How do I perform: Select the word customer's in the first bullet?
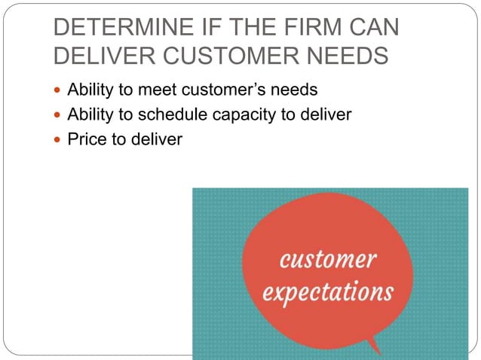point(224,91)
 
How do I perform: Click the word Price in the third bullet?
point(84,139)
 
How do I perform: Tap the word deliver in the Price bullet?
point(156,139)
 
